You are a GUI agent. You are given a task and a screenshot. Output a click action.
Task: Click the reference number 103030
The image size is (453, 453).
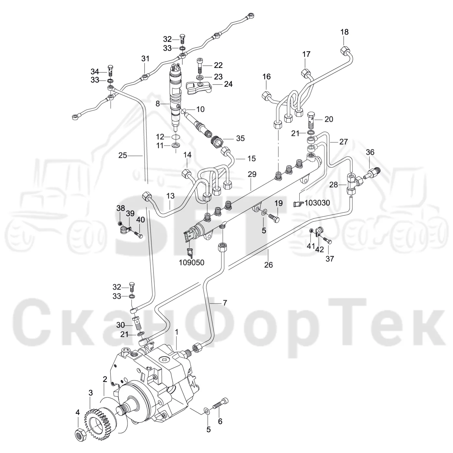point(317,203)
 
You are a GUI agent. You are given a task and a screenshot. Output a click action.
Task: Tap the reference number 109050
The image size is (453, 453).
point(192,263)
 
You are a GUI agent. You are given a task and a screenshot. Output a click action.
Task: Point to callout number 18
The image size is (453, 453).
point(344,32)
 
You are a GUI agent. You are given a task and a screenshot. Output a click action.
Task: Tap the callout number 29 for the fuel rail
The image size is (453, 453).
point(252,174)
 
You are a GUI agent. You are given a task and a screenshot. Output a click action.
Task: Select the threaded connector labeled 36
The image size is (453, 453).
point(372,173)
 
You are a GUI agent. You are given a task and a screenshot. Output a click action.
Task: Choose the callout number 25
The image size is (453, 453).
point(123,155)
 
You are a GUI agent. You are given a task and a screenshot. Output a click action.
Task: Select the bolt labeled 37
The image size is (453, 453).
point(327,240)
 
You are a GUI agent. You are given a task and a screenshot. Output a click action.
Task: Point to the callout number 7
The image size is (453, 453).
point(225,303)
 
